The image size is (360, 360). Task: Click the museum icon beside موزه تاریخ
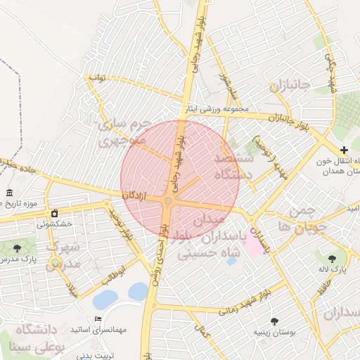9,193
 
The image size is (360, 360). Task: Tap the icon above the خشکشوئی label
54,213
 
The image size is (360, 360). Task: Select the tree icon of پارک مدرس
17,247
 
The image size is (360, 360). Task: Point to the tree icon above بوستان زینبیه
274,321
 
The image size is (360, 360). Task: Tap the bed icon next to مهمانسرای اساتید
98,319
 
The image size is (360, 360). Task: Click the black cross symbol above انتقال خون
344,150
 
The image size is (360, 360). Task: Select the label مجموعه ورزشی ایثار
216,109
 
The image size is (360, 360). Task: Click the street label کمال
203,330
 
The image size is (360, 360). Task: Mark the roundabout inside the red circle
168,202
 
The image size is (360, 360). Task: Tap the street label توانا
96,78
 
